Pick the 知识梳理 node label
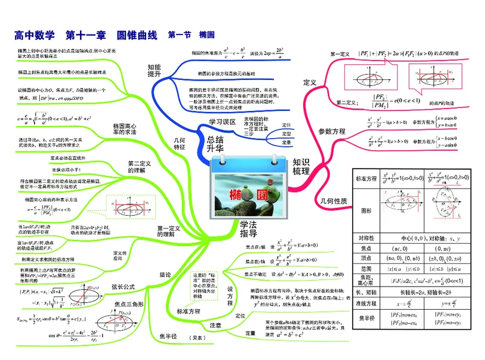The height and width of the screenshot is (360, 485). point(301,166)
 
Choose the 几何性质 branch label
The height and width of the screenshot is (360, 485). point(332,201)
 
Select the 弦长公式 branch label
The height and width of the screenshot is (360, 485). point(123,287)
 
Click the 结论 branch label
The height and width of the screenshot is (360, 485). point(166,275)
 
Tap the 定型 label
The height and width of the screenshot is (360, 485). point(287,133)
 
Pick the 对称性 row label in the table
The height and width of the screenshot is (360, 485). point(366,237)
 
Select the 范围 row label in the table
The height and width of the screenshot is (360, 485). point(366,268)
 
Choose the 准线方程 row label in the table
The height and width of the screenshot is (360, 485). point(366,303)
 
